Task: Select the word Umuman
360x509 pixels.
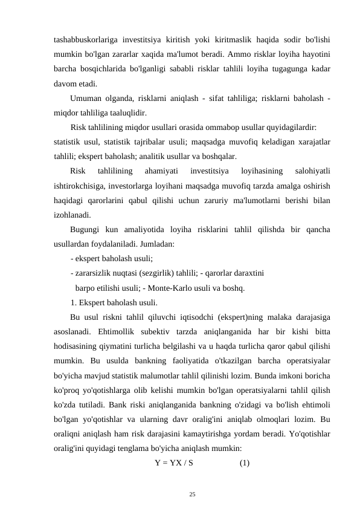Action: pos(87,99)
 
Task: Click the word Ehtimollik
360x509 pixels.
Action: pos(115,331)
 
